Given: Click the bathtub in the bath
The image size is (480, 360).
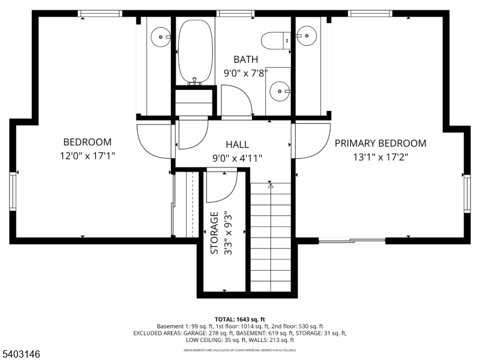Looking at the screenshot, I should click(x=196, y=52).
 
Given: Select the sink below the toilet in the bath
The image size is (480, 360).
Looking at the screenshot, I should click(x=280, y=91).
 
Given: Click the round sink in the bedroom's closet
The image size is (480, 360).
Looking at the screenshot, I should click(x=161, y=36).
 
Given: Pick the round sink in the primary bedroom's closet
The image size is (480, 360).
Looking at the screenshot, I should click(x=307, y=36).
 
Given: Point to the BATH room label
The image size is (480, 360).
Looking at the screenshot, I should click(x=246, y=59).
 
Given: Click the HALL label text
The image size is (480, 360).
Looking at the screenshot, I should click(x=238, y=145).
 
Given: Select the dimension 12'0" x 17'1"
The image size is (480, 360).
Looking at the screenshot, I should click(x=88, y=155).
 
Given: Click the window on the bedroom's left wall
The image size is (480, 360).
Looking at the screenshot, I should click(x=13, y=191).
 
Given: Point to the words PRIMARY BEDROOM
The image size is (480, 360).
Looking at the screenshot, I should click(x=380, y=143).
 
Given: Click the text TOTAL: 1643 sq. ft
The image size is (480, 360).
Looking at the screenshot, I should click(x=239, y=319).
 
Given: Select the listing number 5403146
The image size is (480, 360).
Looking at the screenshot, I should click(x=22, y=355).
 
